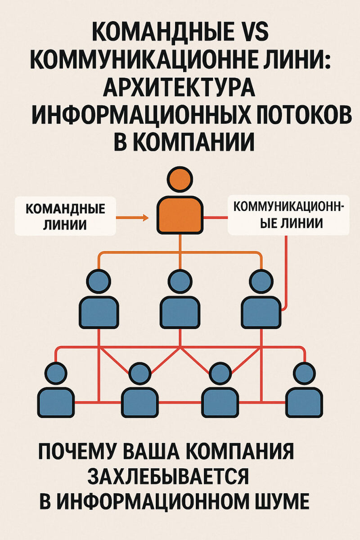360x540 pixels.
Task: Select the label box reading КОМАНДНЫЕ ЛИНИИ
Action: (66, 217)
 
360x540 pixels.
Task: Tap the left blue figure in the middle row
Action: (99, 299)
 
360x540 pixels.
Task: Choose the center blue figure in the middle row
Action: (180, 299)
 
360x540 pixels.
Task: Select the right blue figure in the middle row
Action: (261, 299)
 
